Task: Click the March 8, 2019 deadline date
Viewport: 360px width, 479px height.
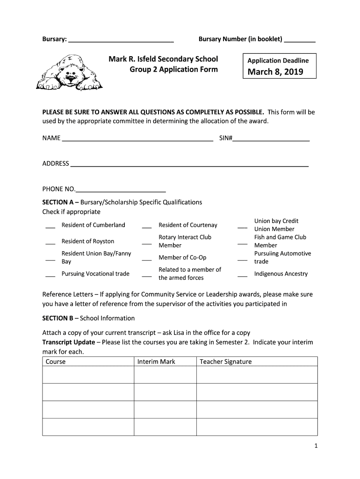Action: [x=275, y=72]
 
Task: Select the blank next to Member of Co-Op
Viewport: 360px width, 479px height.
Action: [x=147, y=260]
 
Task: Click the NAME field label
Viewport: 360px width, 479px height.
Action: [x=51, y=138]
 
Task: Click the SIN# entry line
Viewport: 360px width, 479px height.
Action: [x=271, y=140]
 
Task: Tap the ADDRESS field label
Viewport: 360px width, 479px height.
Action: [x=56, y=163]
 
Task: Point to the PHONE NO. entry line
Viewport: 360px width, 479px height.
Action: [x=121, y=191]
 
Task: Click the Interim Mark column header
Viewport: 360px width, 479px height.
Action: [x=156, y=362]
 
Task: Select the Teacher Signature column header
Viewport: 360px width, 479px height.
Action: [x=225, y=362]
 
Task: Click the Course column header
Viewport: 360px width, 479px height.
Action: [x=56, y=362]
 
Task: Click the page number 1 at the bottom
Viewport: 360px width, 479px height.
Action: [x=316, y=446]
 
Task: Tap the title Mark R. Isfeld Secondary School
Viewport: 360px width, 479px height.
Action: [x=163, y=59]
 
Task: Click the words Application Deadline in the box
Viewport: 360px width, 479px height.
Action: [x=278, y=60]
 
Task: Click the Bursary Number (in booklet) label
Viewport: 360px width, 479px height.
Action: [x=240, y=39]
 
